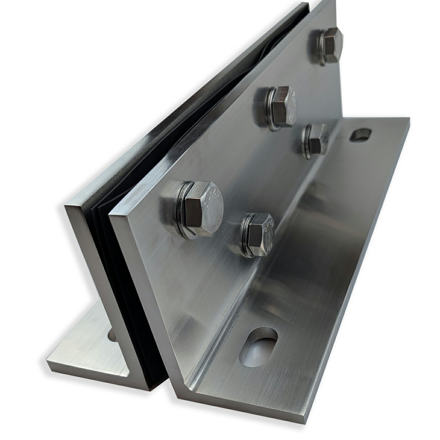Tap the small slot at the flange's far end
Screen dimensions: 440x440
point(360,135)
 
